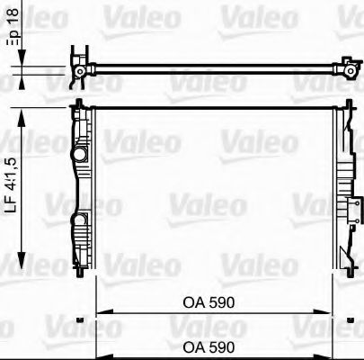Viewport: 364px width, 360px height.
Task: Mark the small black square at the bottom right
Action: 350,319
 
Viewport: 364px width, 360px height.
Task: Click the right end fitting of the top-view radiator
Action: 345,66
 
